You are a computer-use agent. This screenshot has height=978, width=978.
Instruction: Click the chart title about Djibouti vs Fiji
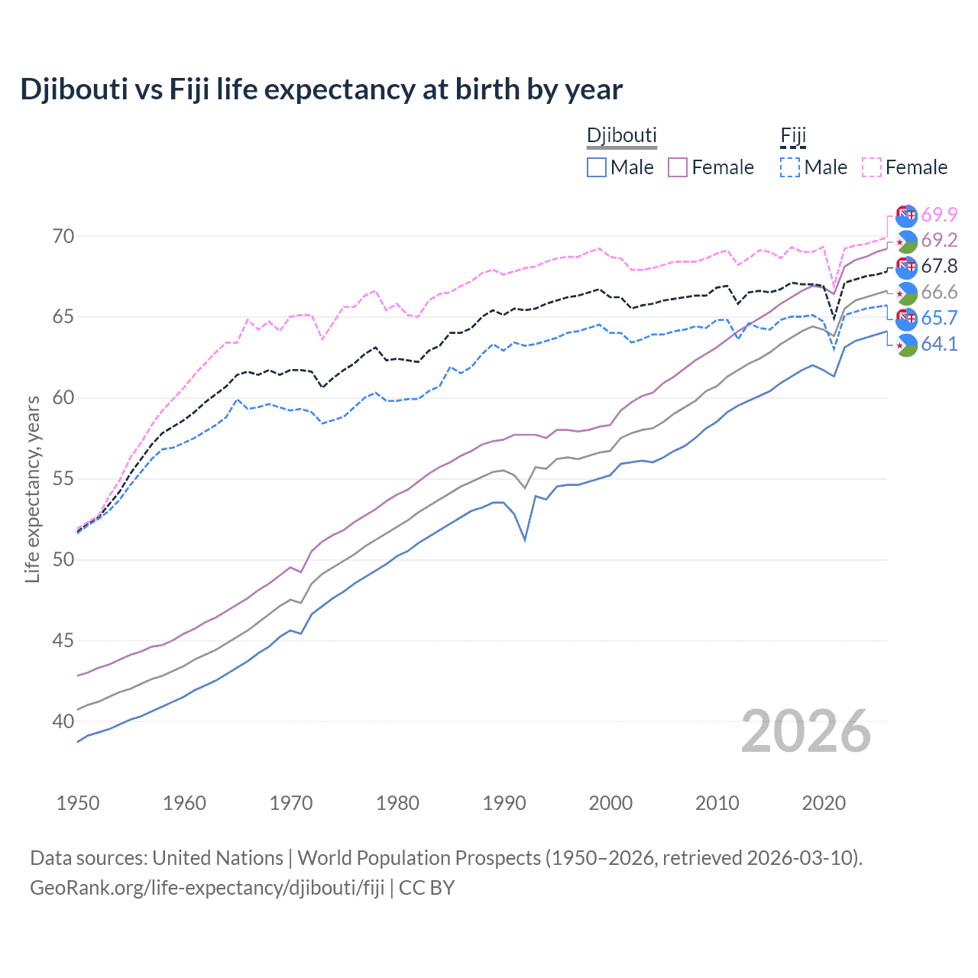pyautogui.click(x=321, y=89)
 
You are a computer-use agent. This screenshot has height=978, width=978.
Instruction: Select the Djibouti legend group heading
pyautogui.click(x=621, y=136)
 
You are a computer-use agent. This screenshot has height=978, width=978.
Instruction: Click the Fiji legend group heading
pyautogui.click(x=793, y=136)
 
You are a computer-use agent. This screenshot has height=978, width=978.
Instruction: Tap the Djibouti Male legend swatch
pyautogui.click(x=597, y=167)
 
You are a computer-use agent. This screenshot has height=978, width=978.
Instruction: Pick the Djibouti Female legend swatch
pyautogui.click(x=678, y=167)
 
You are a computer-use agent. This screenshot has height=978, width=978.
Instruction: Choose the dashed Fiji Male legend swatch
pyautogui.click(x=790, y=167)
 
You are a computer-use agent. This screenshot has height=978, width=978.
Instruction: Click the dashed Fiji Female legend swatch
pyautogui.click(x=872, y=167)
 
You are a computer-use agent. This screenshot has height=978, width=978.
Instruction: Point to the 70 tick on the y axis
pyautogui.click(x=63, y=236)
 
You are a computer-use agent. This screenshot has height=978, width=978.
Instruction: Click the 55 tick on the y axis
pyautogui.click(x=63, y=479)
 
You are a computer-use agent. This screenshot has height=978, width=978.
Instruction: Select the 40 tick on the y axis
pyautogui.click(x=63, y=721)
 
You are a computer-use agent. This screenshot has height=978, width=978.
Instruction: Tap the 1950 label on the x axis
pyautogui.click(x=78, y=803)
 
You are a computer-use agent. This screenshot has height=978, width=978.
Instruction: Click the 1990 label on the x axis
pyautogui.click(x=504, y=803)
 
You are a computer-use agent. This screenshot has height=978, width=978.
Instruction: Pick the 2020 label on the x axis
pyautogui.click(x=824, y=803)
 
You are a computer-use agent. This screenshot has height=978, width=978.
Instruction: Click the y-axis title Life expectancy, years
pyautogui.click(x=33, y=489)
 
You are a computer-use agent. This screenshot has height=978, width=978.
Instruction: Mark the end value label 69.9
pyautogui.click(x=939, y=215)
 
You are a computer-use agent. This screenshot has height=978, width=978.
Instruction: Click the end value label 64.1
pyautogui.click(x=939, y=345)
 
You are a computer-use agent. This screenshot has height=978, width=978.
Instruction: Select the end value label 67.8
pyautogui.click(x=939, y=267)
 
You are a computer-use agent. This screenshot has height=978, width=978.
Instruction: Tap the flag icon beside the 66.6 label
pyautogui.click(x=906, y=293)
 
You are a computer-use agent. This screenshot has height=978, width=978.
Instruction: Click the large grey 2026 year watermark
pyautogui.click(x=806, y=731)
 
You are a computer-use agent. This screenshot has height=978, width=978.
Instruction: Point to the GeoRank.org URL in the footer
pyautogui.click(x=207, y=888)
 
